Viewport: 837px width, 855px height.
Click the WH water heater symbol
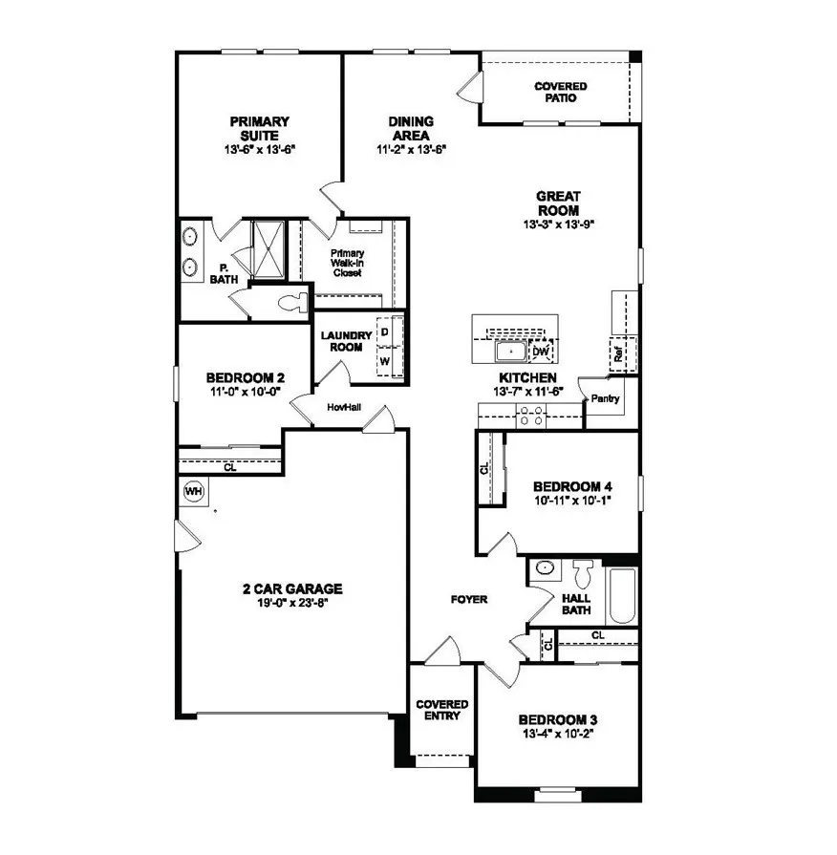pyautogui.click(x=194, y=492)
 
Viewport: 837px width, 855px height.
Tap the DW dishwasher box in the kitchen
pyautogui.click(x=541, y=353)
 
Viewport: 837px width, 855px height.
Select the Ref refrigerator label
pyautogui.click(x=618, y=353)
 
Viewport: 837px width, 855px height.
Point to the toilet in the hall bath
pyautogui.click(x=582, y=574)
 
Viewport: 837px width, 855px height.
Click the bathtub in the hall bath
pyautogui.click(x=622, y=592)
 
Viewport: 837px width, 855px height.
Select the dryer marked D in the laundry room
pyautogui.click(x=385, y=331)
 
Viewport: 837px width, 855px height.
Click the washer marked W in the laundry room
pyautogui.click(x=385, y=362)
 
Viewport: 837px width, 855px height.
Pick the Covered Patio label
pyautogui.click(x=560, y=92)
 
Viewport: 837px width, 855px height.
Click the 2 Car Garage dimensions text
pyautogui.click(x=292, y=603)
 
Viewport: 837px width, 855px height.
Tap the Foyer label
pyautogui.click(x=469, y=600)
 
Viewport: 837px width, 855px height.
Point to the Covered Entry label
pyautogui.click(x=440, y=710)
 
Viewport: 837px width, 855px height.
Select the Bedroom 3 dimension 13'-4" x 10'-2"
pyautogui.click(x=557, y=734)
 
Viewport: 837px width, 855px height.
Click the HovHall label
pyautogui.click(x=342, y=406)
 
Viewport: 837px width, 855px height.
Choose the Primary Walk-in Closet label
pyautogui.click(x=347, y=263)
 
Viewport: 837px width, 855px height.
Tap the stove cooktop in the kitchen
pyautogui.click(x=530, y=416)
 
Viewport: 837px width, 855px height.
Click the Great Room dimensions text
pyautogui.click(x=559, y=224)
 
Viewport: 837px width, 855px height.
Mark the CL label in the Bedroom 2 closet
pyautogui.click(x=230, y=468)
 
